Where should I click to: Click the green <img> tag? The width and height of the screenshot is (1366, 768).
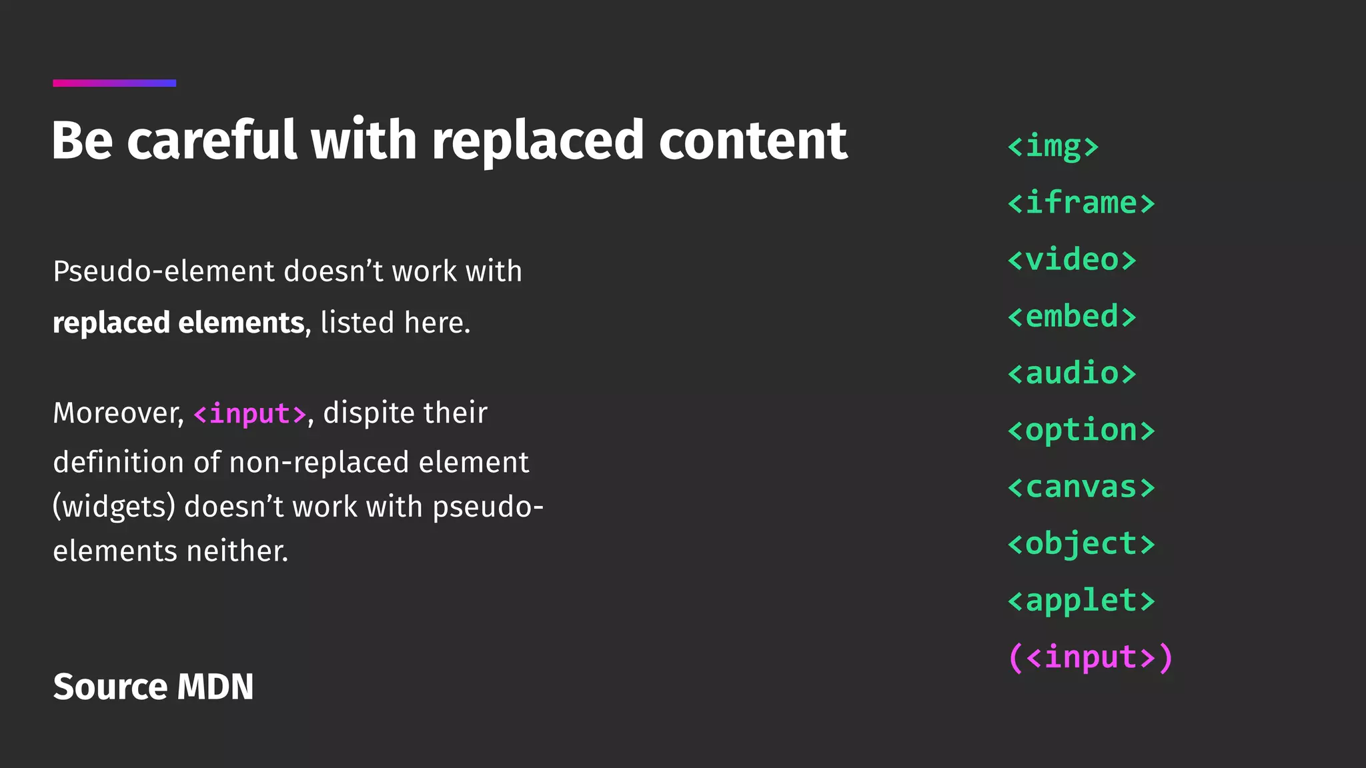point(1053,146)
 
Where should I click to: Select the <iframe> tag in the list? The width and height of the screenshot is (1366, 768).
point(1081,203)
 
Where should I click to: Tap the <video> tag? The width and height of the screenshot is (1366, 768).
point(1071,259)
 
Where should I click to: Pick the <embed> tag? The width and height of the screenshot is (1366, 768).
point(1071,316)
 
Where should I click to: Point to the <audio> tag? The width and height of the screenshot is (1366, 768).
point(1071,373)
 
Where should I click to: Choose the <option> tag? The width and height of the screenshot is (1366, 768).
point(1081,430)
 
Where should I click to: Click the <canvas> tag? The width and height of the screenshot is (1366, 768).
point(1081,487)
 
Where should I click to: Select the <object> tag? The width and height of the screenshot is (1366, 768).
point(1081,543)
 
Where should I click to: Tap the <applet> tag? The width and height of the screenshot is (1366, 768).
point(1081,600)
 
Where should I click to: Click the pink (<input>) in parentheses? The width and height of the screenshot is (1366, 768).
point(1090,657)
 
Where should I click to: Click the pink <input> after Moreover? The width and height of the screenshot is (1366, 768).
point(249,414)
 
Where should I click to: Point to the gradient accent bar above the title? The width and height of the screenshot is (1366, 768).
point(115,83)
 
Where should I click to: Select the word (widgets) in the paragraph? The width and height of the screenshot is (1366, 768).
point(113,507)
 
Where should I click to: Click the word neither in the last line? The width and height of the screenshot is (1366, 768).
point(237,551)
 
